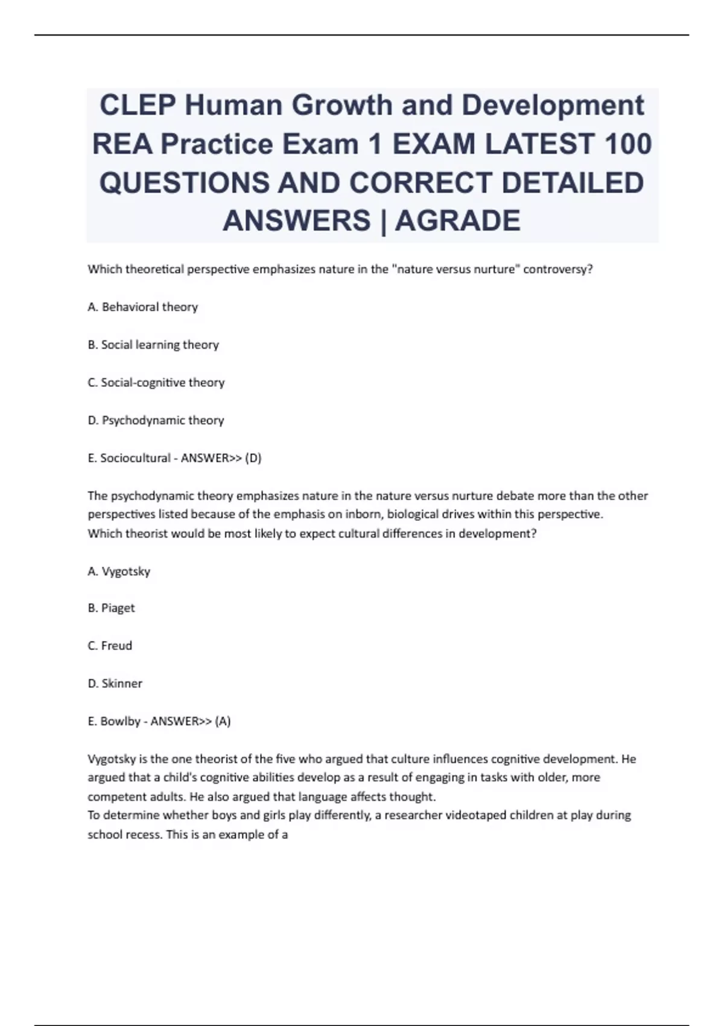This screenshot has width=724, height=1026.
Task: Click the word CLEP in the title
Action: click(137, 106)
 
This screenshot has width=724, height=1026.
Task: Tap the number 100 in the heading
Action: click(627, 144)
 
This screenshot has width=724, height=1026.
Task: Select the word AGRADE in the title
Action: click(458, 220)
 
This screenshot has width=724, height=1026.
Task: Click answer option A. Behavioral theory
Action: click(142, 307)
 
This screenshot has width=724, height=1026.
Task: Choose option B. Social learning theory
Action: click(153, 345)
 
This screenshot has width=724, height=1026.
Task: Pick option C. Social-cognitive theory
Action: click(156, 383)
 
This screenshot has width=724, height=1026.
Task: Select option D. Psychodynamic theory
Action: click(156, 420)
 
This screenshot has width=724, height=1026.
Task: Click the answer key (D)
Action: click(253, 458)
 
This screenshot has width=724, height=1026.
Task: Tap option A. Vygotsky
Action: click(119, 571)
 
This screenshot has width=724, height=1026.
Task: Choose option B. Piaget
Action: click(111, 608)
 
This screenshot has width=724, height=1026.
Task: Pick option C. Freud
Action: click(110, 646)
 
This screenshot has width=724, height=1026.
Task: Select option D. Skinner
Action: click(115, 684)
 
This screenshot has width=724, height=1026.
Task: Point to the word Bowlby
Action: click(120, 721)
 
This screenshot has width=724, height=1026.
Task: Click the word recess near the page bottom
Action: click(141, 835)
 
